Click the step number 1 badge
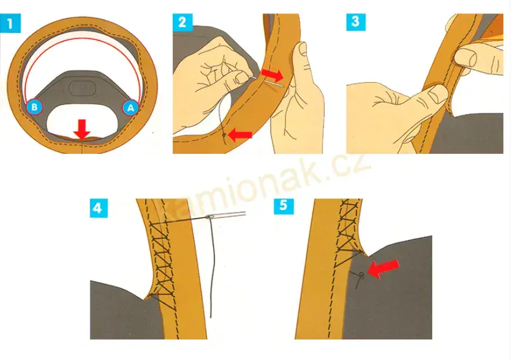pos(11,23)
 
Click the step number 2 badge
pos(183,22)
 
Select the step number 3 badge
pos(356,22)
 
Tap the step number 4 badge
pos(99,208)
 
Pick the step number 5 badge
pos(284,206)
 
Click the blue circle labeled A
pos(130,107)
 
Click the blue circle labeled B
pos(34,107)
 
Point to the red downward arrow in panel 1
pos(82,129)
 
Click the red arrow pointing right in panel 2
pos(273,75)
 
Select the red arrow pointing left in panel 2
pos(240,135)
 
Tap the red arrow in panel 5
pos(383,268)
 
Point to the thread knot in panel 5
pos(361,275)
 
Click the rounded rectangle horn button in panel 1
pos(82,88)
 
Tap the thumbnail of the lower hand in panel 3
pos(437,94)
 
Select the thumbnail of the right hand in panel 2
pos(302,48)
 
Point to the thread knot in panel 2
pos(224,134)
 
